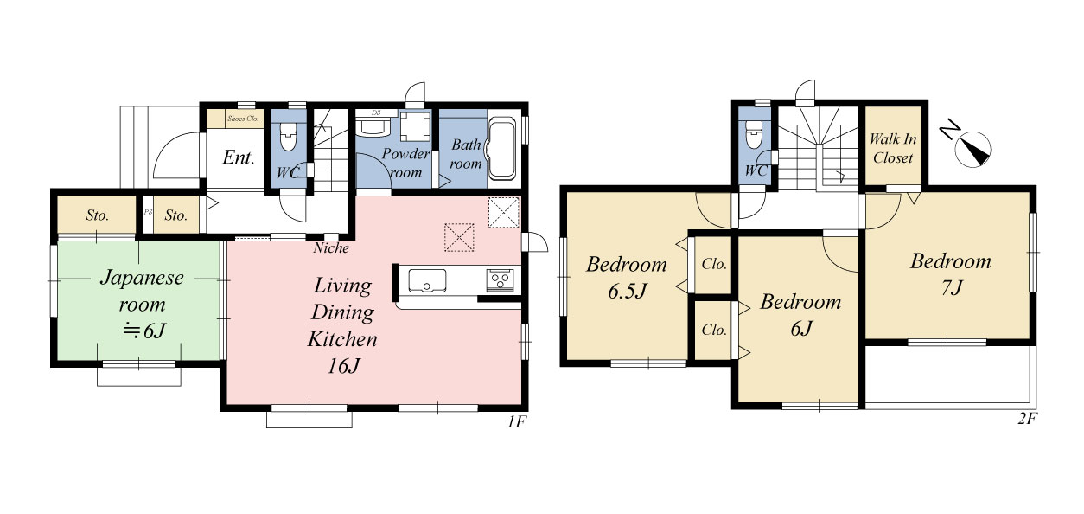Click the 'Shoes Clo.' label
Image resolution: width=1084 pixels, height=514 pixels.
(x=243, y=119)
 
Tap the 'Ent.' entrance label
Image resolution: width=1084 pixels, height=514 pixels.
(x=238, y=157)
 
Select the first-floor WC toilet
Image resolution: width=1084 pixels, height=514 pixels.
(x=288, y=136)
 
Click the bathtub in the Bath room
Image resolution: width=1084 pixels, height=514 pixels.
(x=502, y=149)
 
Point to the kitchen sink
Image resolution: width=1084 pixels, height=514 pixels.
(x=427, y=281)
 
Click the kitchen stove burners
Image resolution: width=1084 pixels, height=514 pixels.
(x=500, y=280)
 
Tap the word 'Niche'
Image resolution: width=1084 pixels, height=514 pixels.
(x=331, y=248)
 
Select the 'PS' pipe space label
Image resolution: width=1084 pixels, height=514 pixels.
(x=148, y=212)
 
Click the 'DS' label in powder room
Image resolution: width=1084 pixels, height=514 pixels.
(x=376, y=112)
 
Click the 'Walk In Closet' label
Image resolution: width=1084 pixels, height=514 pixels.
(x=893, y=148)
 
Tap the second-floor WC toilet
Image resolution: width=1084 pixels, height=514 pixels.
(x=754, y=134)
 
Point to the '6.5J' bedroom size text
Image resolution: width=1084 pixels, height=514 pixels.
(x=628, y=291)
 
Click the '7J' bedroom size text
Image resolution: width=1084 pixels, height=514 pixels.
(x=952, y=288)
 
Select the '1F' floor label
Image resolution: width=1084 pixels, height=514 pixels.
(x=516, y=422)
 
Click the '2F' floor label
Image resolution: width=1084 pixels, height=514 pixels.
(x=1026, y=419)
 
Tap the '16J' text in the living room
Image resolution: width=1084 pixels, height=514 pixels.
(x=343, y=366)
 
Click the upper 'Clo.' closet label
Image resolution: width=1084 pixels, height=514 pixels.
(x=714, y=264)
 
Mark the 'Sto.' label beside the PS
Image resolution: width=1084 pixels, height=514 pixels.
(x=175, y=215)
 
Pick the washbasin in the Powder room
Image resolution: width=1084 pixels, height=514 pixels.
(x=373, y=127)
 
